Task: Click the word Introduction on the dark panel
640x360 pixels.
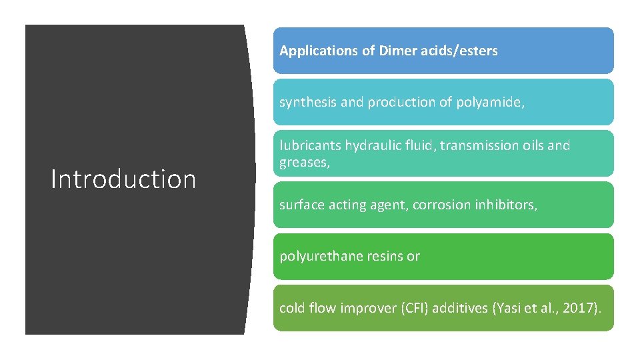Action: point(123,179)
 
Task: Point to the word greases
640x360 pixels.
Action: point(304,161)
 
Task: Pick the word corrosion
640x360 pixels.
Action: point(442,205)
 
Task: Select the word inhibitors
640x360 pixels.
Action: point(505,205)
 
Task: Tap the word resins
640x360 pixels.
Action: point(388,257)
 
